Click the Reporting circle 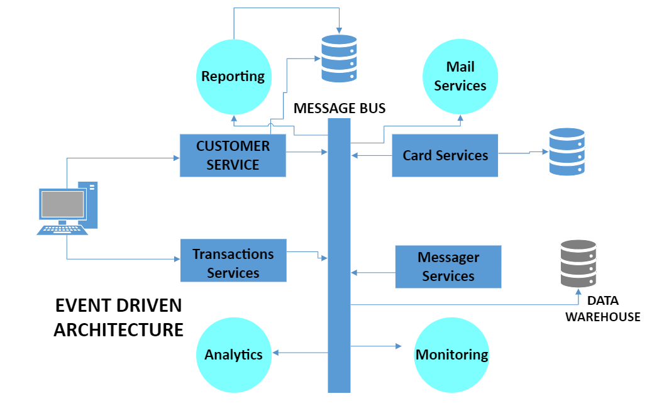(x=233, y=77)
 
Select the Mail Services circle (x=460, y=77)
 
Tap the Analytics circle (x=233, y=355)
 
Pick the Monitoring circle (x=451, y=355)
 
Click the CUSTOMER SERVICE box (x=233, y=155)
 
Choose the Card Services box (x=445, y=155)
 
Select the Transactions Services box (x=233, y=260)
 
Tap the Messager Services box (x=448, y=267)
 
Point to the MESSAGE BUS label (x=339, y=108)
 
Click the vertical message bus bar (x=339, y=255)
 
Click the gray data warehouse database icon (x=578, y=263)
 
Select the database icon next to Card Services (x=567, y=151)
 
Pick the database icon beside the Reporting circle (x=339, y=58)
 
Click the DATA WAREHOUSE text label (x=602, y=309)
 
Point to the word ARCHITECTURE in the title (x=118, y=330)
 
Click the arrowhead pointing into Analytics (x=275, y=353)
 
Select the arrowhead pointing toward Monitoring (x=399, y=346)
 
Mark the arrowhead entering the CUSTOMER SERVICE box (x=177, y=158)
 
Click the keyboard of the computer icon (x=62, y=230)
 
